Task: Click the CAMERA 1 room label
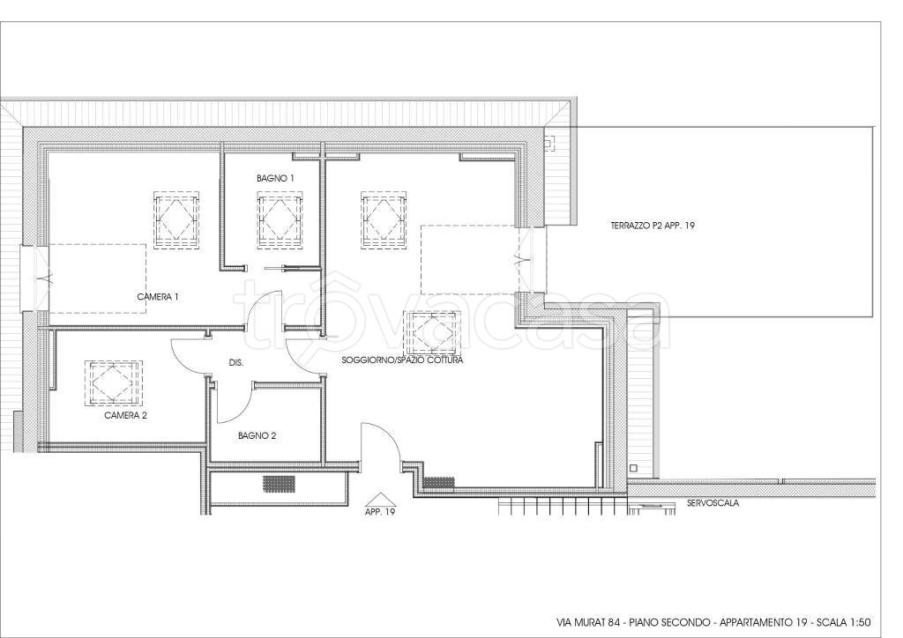[158, 297]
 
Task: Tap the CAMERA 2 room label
[125, 415]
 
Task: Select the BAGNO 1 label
[275, 178]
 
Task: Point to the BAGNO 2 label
[257, 435]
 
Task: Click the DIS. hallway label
[236, 363]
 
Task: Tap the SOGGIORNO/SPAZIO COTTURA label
[402, 360]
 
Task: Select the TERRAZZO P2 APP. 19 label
[653, 226]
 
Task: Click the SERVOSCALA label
[713, 503]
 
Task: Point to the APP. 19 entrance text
[380, 511]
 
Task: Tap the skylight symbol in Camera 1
[176, 219]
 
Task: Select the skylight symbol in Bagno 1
[280, 220]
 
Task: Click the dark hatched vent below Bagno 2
[280, 483]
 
